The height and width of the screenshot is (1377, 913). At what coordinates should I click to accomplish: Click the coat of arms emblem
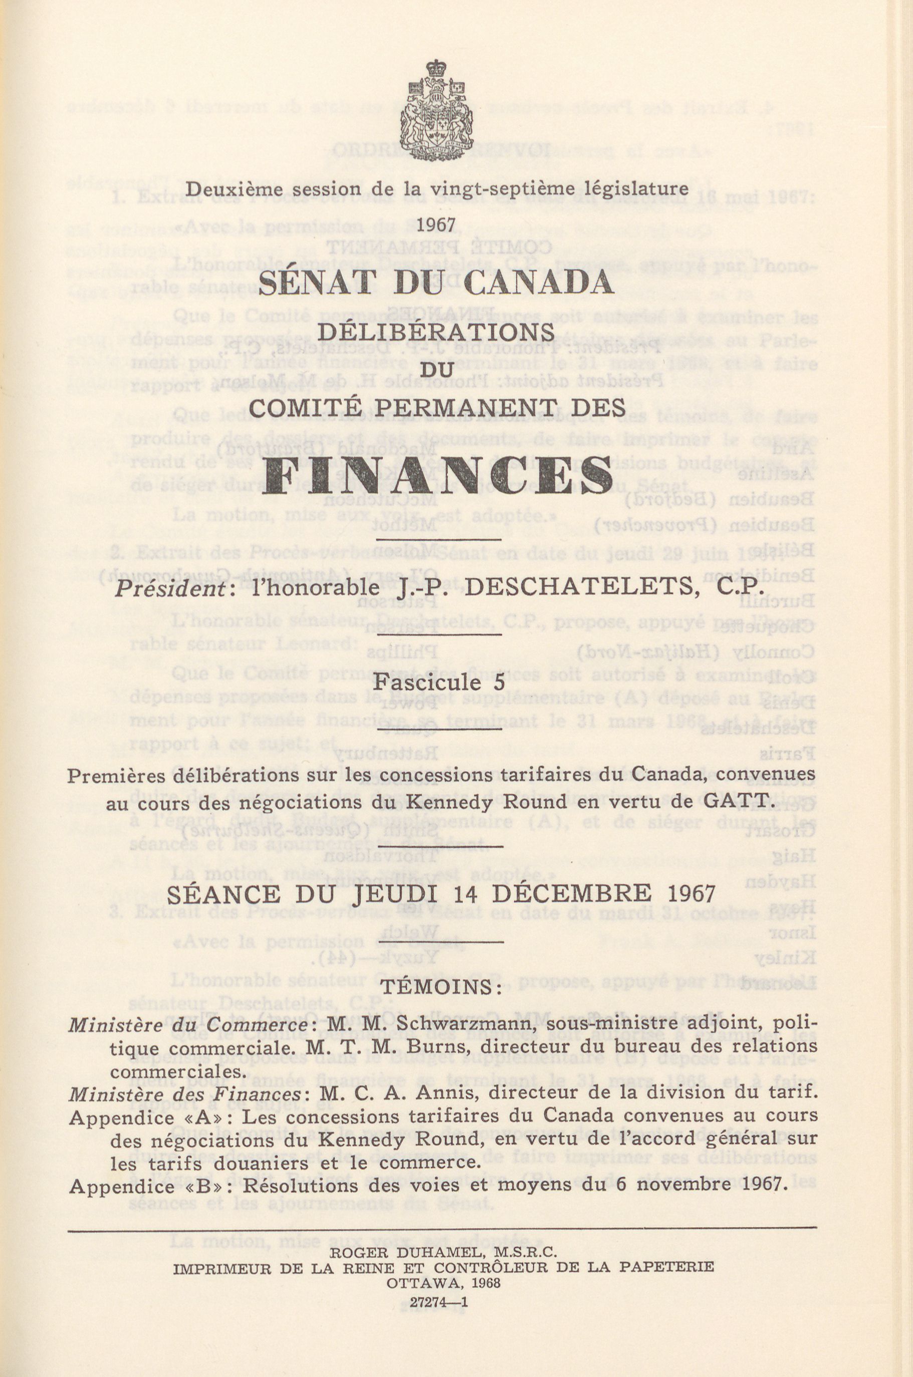pyautogui.click(x=436, y=109)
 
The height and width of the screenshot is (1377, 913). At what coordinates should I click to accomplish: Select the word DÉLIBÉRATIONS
pyautogui.click(x=436, y=334)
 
